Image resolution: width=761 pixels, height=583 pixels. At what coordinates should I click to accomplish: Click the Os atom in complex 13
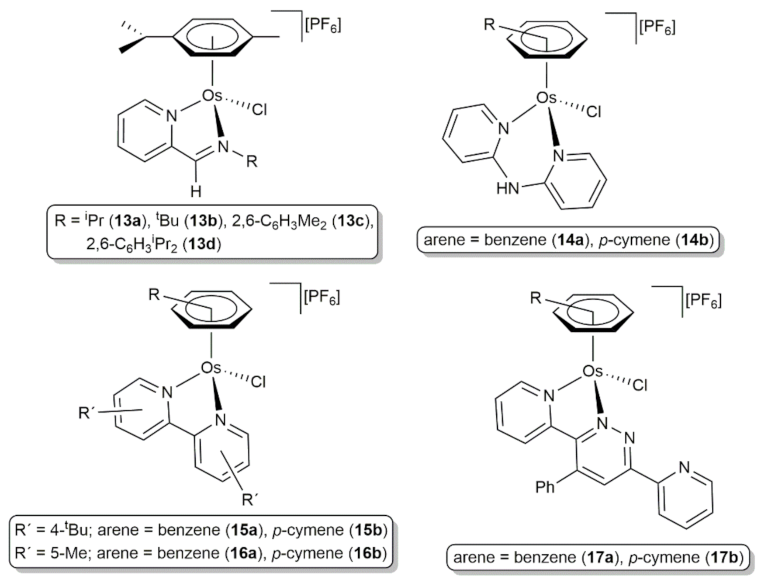[x=212, y=96]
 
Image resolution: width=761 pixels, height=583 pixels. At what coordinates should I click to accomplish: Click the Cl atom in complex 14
[x=593, y=112]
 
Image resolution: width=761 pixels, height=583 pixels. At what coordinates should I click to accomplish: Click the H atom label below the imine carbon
[x=196, y=191]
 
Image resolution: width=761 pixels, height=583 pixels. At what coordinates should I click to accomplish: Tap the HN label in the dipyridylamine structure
[x=507, y=188]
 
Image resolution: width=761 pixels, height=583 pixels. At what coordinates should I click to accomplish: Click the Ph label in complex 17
[x=545, y=486]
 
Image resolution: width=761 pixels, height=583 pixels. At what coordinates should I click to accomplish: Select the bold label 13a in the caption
[x=127, y=221]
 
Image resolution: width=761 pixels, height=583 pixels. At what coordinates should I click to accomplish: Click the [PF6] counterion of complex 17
[x=703, y=301]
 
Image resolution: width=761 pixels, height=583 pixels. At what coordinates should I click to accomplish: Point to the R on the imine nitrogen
[x=252, y=161]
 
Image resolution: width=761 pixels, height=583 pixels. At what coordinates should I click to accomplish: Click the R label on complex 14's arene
[x=489, y=25]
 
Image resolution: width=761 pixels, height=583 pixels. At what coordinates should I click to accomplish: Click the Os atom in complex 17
[x=592, y=371]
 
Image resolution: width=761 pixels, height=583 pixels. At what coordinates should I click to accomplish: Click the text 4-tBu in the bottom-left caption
[x=69, y=530]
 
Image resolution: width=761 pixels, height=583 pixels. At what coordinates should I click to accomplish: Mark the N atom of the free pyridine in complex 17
[x=684, y=467]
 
